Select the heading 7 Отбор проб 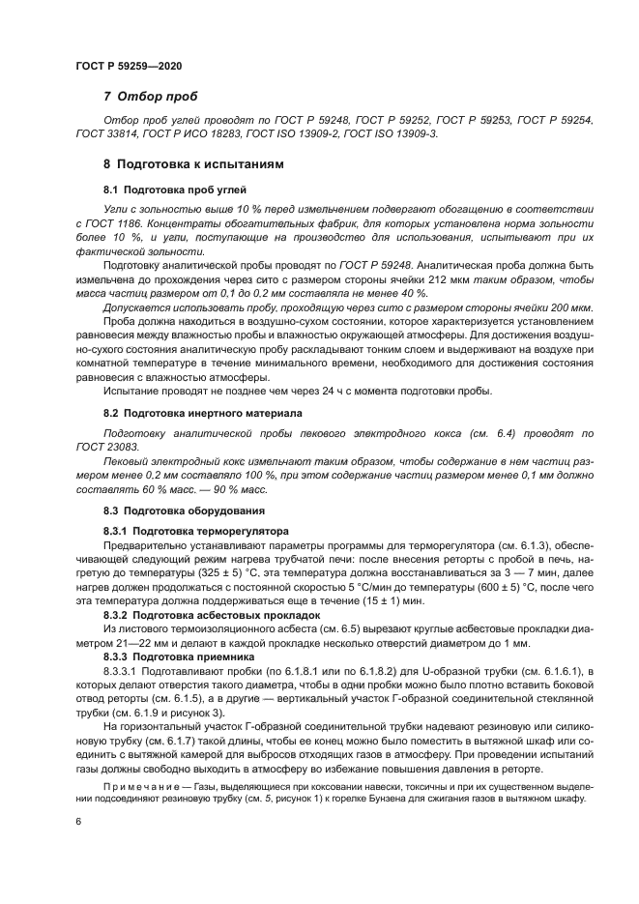tap(150, 97)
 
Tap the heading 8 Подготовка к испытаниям tap(193, 165)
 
